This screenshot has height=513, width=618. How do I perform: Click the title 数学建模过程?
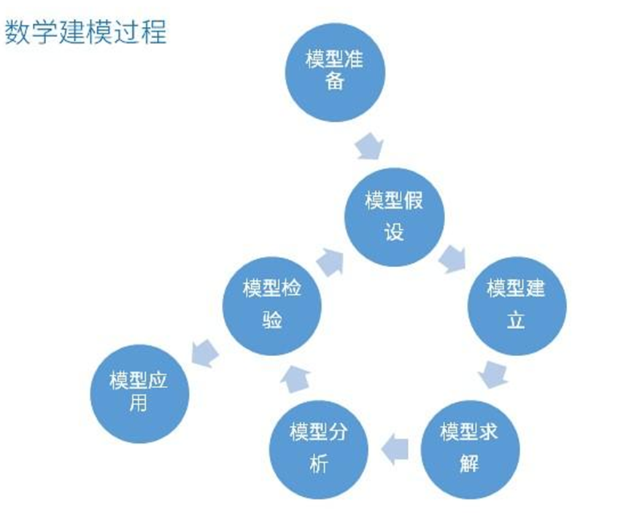[x=85, y=32]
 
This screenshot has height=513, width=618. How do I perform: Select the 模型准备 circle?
[x=333, y=71]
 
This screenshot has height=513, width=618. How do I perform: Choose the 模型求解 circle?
[x=468, y=446]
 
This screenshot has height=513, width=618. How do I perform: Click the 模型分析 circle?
[x=318, y=447]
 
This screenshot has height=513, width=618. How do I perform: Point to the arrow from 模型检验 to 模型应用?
[x=205, y=351]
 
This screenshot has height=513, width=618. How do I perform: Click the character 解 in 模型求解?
[x=469, y=463]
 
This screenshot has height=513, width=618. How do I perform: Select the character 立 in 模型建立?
[x=515, y=320]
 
